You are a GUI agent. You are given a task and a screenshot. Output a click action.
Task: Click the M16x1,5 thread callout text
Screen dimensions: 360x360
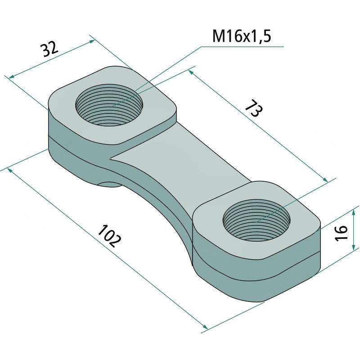242,36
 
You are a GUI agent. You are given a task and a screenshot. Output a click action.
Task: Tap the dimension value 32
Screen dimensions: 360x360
49,49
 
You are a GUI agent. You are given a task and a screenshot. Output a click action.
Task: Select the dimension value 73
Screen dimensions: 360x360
254,108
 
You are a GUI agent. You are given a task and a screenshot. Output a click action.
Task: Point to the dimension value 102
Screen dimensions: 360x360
109,236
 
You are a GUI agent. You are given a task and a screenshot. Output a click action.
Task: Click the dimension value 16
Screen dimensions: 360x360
341,233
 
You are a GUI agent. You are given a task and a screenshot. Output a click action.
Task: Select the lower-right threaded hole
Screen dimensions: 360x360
256,220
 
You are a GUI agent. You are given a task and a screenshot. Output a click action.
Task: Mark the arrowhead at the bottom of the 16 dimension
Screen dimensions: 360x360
354,247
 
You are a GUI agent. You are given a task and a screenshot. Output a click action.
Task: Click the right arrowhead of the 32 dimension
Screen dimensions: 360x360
92,41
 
